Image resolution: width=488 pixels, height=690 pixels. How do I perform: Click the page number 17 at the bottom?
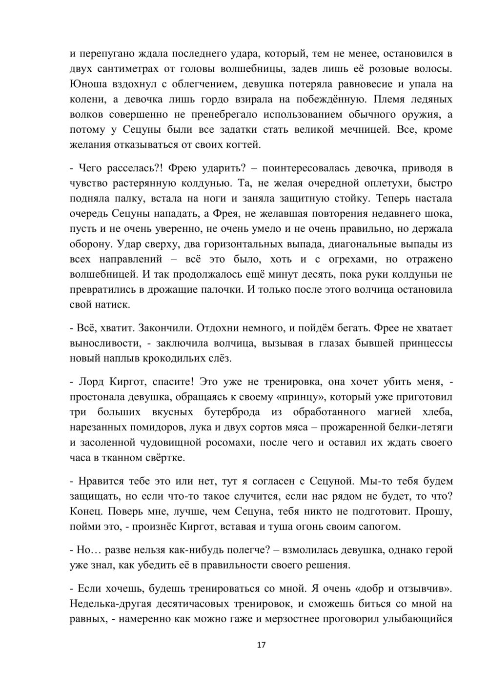tap(261, 645)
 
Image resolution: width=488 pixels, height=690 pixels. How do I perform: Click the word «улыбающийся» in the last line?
tap(418, 619)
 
